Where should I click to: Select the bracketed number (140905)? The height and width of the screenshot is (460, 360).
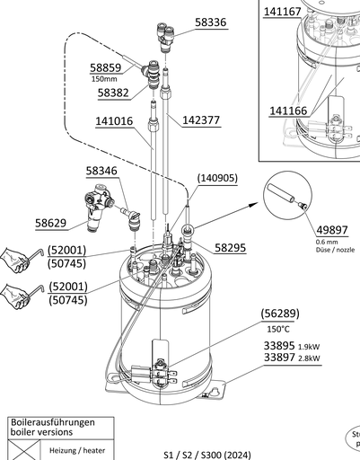pyautogui.click(x=216, y=178)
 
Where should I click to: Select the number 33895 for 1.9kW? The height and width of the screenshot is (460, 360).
pyautogui.click(x=280, y=345)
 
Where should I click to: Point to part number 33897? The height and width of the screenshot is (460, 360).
pyautogui.click(x=280, y=358)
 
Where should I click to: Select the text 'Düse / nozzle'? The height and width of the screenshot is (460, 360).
pyautogui.click(x=335, y=251)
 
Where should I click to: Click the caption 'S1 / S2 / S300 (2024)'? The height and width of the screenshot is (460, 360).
pyautogui.click(x=207, y=455)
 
